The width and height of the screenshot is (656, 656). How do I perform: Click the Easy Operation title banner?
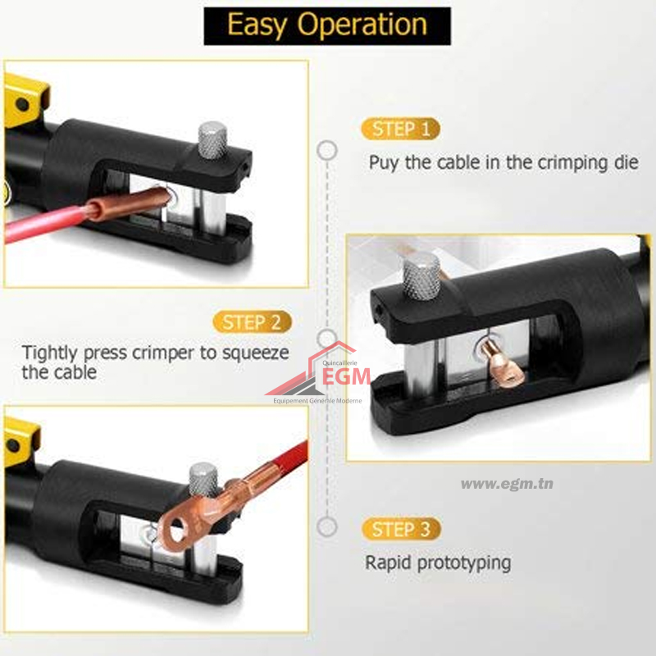pyautogui.click(x=327, y=26)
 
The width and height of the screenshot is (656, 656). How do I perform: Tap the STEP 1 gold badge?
pyautogui.click(x=400, y=129)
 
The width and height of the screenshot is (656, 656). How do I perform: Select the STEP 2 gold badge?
pyautogui.click(x=252, y=322)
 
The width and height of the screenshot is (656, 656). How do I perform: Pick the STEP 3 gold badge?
pyautogui.click(x=401, y=529)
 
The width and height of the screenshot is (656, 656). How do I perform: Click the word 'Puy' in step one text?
pyautogui.click(x=384, y=162)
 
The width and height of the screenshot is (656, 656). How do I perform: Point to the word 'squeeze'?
pyautogui.click(x=255, y=353)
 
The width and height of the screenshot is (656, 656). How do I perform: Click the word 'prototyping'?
pyautogui.click(x=464, y=563)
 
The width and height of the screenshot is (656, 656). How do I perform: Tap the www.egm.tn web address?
pyautogui.click(x=507, y=484)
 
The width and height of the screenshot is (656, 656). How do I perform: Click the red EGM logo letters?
pyautogui.click(x=346, y=376)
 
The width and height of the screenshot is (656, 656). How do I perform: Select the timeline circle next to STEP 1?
pyautogui.click(x=327, y=150)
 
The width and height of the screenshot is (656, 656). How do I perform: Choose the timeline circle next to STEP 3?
pyautogui.click(x=327, y=526)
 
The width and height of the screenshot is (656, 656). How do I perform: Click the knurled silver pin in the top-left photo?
pyautogui.click(x=212, y=140)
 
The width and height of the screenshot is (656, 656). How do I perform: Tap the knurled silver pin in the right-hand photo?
pyautogui.click(x=421, y=276)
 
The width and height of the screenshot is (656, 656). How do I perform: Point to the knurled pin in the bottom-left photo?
pyautogui.click(x=203, y=481)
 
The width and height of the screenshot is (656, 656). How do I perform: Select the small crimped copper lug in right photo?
pyautogui.click(x=502, y=362)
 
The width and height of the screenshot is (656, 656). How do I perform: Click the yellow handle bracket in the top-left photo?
pyautogui.click(x=25, y=100)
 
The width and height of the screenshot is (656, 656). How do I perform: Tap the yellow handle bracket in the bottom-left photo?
pyautogui.click(x=21, y=441)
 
